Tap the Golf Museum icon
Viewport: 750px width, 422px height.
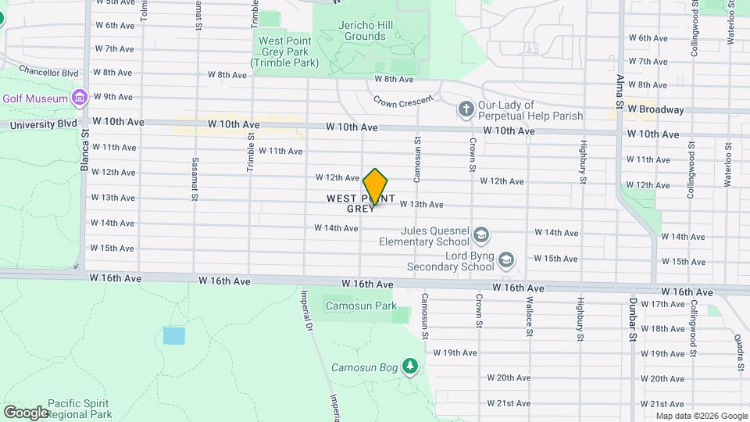tap(78, 98)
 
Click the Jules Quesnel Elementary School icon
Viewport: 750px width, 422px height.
tap(482, 234)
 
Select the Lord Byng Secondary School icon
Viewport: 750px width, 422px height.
tap(506, 259)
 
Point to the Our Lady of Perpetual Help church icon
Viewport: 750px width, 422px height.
tap(466, 109)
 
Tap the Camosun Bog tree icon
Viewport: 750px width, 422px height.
tap(409, 366)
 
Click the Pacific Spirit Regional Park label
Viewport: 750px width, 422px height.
tap(79, 409)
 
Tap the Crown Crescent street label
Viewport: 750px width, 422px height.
tap(402, 102)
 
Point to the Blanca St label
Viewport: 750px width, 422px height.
tap(87, 159)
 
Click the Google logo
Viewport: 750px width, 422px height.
tap(26, 412)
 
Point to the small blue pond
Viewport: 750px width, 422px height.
tap(174, 336)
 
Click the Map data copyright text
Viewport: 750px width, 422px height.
tap(702, 416)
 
